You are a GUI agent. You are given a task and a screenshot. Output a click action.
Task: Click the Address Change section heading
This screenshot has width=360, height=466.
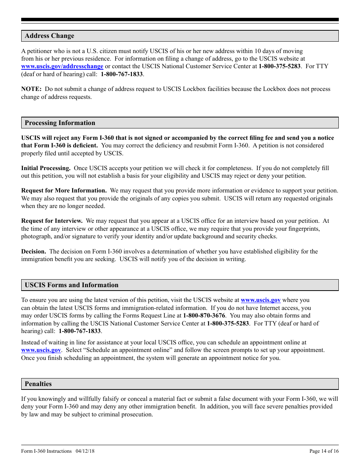49,36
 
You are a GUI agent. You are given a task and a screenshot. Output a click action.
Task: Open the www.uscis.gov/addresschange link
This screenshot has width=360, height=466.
62,66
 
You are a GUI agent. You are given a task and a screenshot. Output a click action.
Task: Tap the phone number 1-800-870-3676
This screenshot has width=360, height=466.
204,316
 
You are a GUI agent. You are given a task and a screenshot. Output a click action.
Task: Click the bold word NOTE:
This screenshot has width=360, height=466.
31,89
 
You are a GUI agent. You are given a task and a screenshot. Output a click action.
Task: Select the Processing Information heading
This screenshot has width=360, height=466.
60,123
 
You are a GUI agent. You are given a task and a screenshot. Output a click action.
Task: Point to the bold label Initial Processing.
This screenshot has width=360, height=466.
46,168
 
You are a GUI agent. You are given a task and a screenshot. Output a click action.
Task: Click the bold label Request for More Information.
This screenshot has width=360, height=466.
64,191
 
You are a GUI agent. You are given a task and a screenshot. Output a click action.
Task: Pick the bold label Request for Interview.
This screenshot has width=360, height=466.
52,221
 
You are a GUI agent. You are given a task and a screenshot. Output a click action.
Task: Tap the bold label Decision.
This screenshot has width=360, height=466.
34,252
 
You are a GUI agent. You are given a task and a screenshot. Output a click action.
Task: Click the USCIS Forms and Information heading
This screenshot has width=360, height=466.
72,285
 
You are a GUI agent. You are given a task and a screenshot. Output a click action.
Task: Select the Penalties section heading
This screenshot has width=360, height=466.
38,384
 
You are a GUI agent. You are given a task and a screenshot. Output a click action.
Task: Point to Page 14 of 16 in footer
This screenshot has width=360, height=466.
324,451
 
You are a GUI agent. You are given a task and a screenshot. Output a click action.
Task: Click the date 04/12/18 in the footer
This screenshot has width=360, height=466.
85,451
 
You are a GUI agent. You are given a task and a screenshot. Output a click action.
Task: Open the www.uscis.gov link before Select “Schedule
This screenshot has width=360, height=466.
41,350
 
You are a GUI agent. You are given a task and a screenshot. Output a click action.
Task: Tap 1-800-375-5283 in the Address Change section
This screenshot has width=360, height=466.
280,66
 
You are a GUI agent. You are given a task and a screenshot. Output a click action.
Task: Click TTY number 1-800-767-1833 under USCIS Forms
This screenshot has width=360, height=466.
80,331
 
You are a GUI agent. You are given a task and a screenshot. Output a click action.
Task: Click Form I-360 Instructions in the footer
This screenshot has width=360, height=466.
46,451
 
